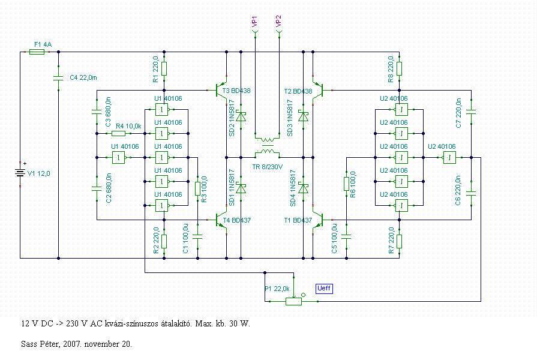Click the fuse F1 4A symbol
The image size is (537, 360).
37,52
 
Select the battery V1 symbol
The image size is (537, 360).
20,173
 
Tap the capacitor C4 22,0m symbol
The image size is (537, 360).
59,78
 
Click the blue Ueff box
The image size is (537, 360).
324,289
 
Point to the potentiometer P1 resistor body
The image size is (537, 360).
294,301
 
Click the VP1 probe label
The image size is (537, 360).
254,21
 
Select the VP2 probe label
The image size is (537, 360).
278,21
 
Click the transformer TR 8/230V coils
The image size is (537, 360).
268,146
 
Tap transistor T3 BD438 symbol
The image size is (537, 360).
221,91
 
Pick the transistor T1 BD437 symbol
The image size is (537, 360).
318,220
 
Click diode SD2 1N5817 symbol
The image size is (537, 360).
241,117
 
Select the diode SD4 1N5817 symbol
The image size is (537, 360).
304,188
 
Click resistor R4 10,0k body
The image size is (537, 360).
118,134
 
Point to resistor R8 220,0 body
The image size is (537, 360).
400,68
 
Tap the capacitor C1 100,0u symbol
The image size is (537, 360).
197,236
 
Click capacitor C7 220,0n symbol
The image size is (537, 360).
471,112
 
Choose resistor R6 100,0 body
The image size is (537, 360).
347,184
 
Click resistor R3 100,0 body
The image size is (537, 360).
197,189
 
